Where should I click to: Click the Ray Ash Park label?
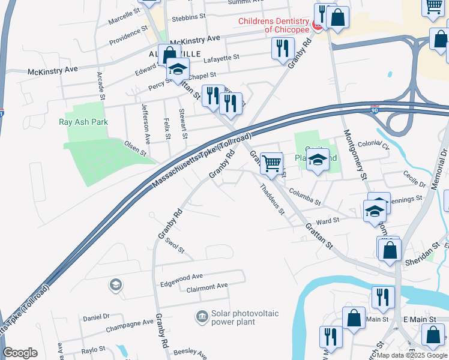tap(83, 122)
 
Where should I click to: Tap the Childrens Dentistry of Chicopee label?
tap(274, 25)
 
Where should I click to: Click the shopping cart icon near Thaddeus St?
tap(272, 163)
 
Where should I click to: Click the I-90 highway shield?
tap(375, 110)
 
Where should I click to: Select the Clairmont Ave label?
tap(207, 287)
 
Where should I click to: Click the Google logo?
tap(20, 353)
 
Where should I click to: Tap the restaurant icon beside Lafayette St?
tap(283, 48)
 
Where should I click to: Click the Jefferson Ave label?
tap(146, 122)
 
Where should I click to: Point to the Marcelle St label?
tap(124, 16)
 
